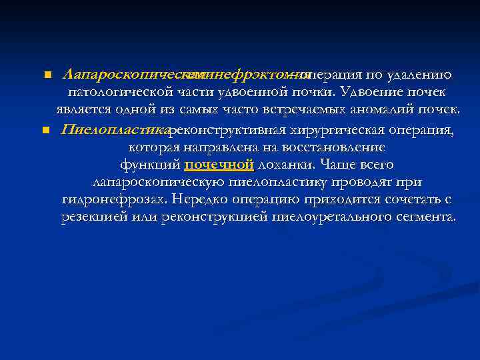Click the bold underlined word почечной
[x=219, y=165]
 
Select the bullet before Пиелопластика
[x=45, y=130]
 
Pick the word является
[x=83, y=109]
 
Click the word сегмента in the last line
[x=423, y=217]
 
